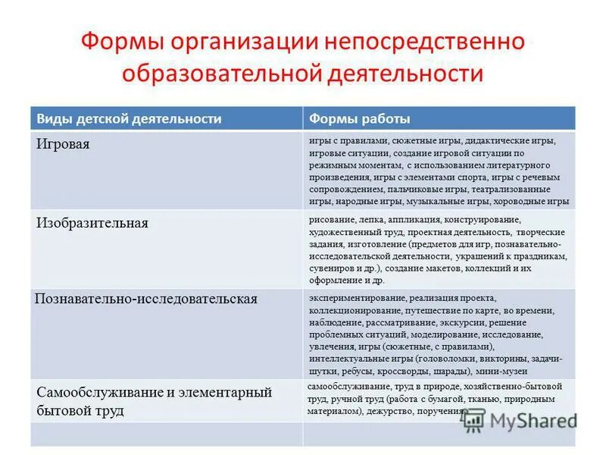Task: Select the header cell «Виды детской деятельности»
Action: [x=130, y=119]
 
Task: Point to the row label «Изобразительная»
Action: [x=92, y=223]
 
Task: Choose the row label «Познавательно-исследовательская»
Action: [x=146, y=299]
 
